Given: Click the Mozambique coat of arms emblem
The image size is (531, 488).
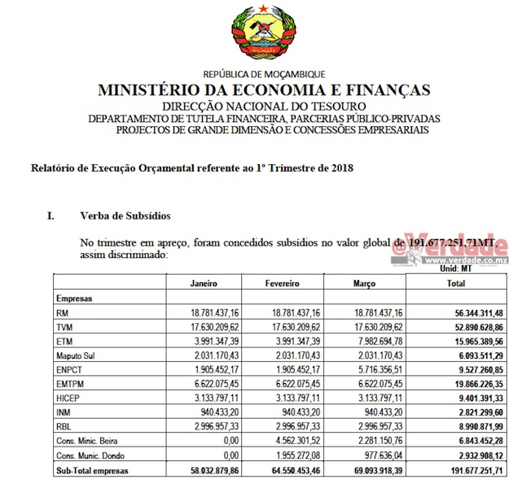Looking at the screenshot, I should pyautogui.click(x=265, y=34).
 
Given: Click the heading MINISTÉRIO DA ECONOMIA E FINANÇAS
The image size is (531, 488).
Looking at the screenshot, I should pyautogui.click(x=265, y=90).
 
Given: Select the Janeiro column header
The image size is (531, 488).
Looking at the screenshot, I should pyautogui.click(x=204, y=284).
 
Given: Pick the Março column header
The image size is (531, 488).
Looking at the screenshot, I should pyautogui.click(x=364, y=284).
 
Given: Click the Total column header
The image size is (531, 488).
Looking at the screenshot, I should pyautogui.click(x=456, y=284).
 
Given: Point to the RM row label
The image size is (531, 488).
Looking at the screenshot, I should pyautogui.click(x=62, y=313).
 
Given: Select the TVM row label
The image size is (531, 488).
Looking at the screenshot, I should pyautogui.click(x=65, y=328).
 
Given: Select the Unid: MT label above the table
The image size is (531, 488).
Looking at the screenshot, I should pyautogui.click(x=458, y=268).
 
